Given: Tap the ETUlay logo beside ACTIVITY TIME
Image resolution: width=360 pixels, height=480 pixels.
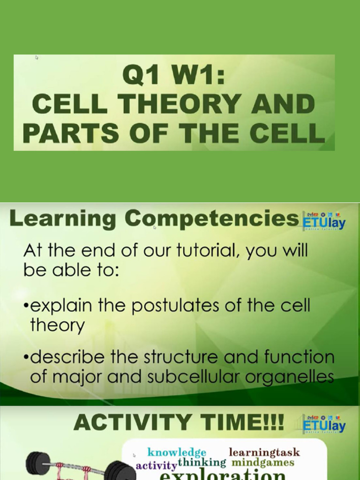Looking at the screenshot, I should point(324,424).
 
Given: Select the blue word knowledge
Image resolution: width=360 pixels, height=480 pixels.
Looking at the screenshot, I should point(177,452).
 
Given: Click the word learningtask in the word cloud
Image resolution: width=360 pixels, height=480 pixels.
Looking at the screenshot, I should point(264,452).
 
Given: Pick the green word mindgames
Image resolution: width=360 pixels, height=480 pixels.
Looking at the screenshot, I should point(263,463).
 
